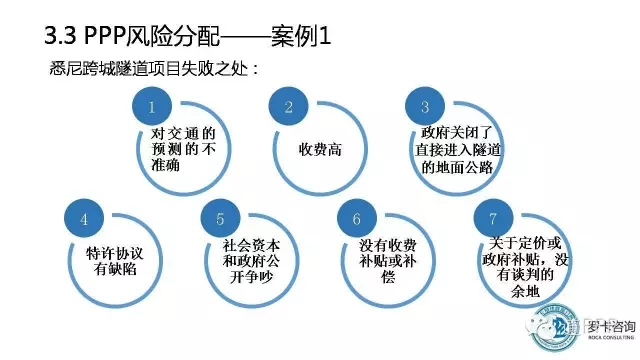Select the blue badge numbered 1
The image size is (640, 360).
click(152, 107)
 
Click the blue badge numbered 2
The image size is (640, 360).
click(290, 107)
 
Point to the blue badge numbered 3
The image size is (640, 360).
click(425, 107)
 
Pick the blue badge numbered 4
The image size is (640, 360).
click(85, 217)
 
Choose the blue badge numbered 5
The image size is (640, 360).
click(222, 217)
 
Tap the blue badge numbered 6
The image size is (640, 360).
click(357, 217)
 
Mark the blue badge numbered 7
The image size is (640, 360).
click(492, 217)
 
